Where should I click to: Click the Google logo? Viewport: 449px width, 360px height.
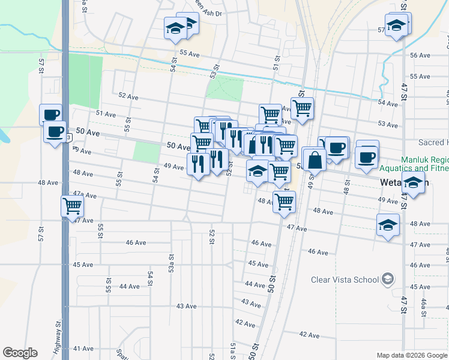click(20, 353)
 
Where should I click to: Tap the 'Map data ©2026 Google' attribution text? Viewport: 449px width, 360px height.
click(411, 355)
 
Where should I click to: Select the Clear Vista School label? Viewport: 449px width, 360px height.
click(345, 280)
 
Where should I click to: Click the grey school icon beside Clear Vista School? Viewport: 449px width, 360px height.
click(388, 279)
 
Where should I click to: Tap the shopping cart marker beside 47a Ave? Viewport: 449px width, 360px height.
click(73, 207)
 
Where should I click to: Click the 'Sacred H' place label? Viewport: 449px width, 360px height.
click(433, 142)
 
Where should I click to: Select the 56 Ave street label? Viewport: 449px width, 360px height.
click(420, 55)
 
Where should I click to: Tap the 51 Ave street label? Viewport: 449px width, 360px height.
click(105, 113)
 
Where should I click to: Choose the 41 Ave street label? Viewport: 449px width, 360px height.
click(83, 349)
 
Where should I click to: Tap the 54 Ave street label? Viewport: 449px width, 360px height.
click(388, 104)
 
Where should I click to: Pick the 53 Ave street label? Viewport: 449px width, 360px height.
click(388, 124)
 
